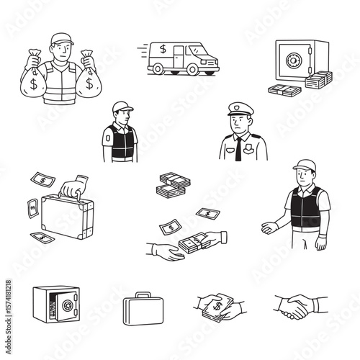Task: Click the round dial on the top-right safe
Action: click(293, 60)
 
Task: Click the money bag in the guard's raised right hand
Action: click(33, 81)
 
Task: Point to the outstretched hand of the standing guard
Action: click(269, 228)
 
